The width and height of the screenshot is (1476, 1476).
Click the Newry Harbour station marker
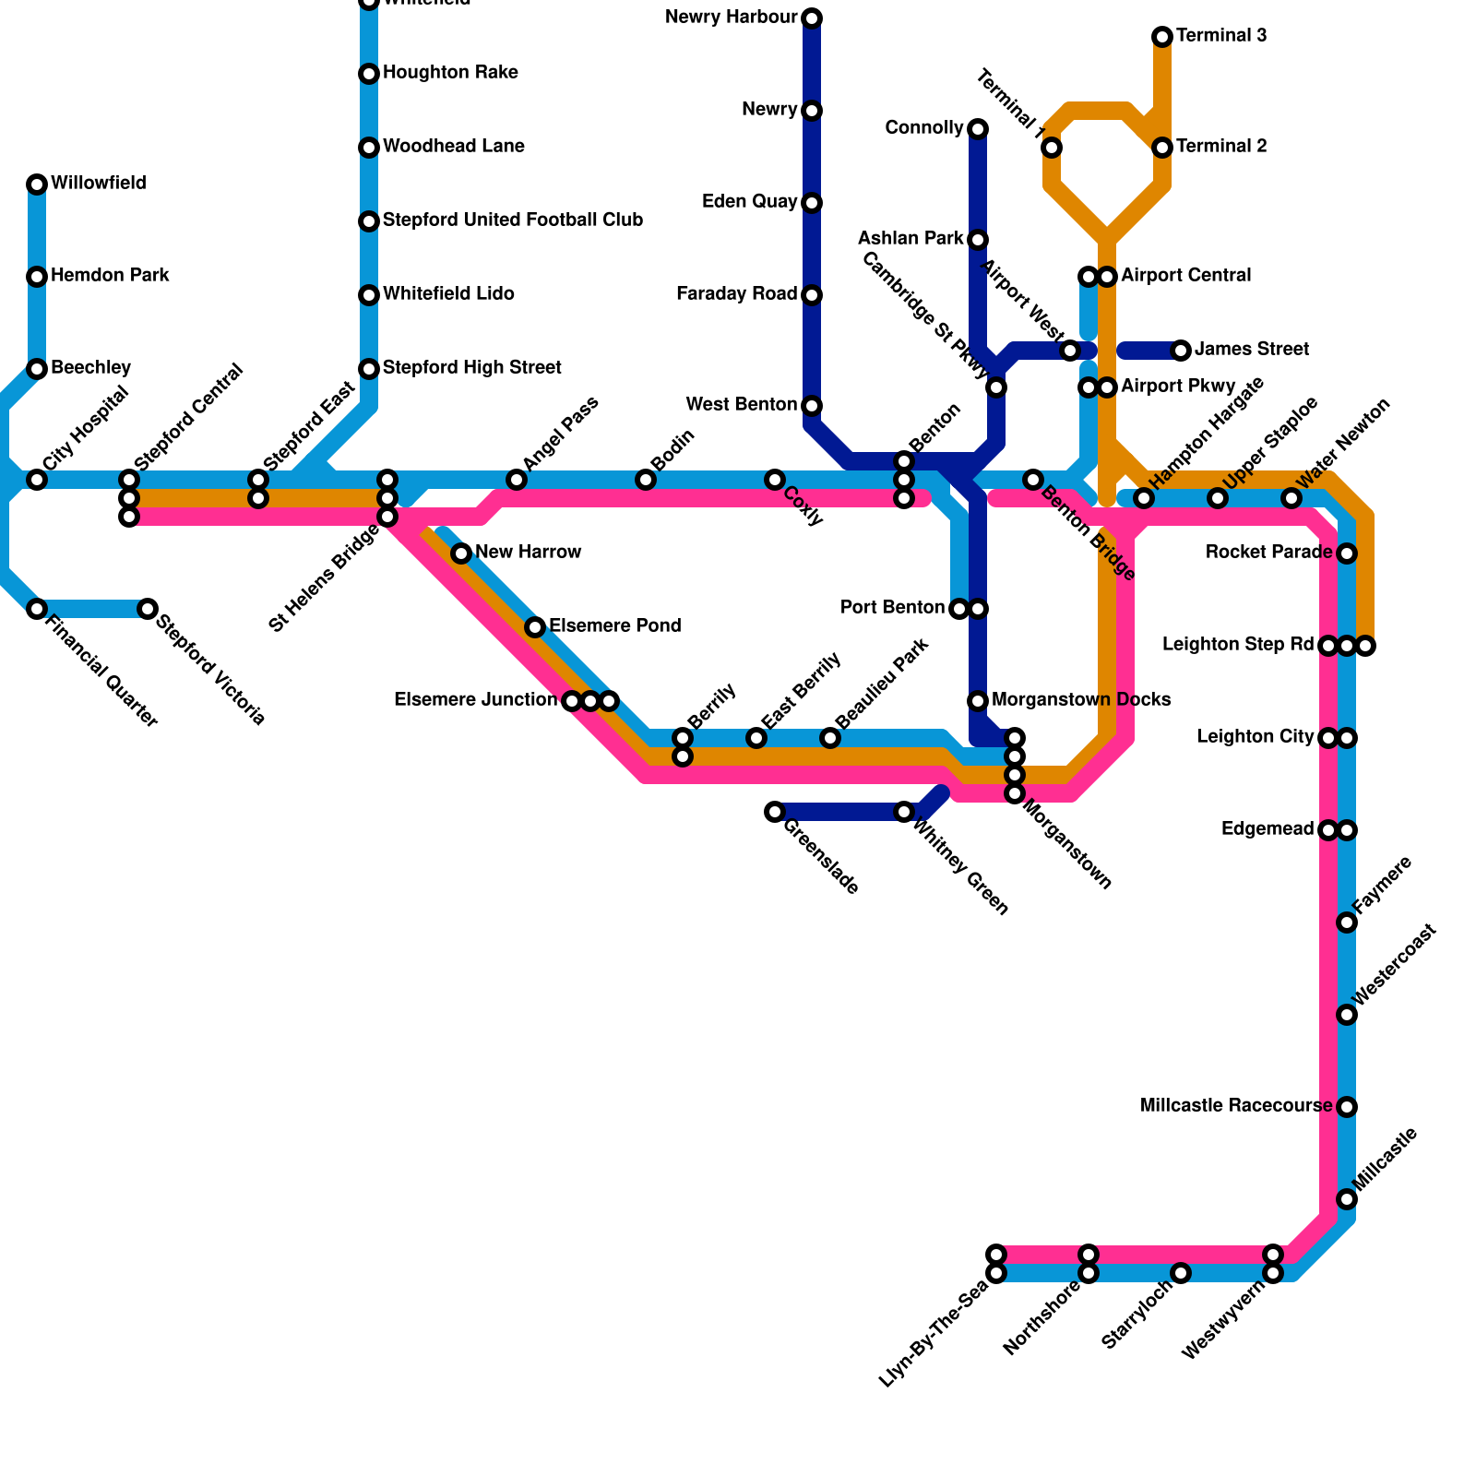812,18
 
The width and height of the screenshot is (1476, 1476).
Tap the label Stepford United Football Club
512,220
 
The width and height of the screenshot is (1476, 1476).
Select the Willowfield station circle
37,184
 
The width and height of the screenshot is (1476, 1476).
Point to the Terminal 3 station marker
1162,37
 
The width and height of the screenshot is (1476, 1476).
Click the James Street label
1251,350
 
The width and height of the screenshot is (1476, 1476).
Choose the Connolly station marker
978,129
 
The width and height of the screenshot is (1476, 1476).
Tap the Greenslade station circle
775,812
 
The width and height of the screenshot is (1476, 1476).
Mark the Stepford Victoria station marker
148,609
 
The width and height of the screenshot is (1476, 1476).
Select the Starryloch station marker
1181,1273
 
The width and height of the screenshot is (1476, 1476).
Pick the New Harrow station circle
461,553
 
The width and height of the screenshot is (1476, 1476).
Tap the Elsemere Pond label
614,626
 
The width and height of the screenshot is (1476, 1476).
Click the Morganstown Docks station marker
978,701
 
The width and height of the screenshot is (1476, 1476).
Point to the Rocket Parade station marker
1347,553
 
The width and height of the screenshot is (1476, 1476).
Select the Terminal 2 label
1220,147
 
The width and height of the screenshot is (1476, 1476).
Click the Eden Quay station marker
812,203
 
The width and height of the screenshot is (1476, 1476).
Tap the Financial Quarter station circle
37,609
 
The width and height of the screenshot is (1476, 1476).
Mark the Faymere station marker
1347,922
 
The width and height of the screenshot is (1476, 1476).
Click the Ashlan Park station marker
978,240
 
